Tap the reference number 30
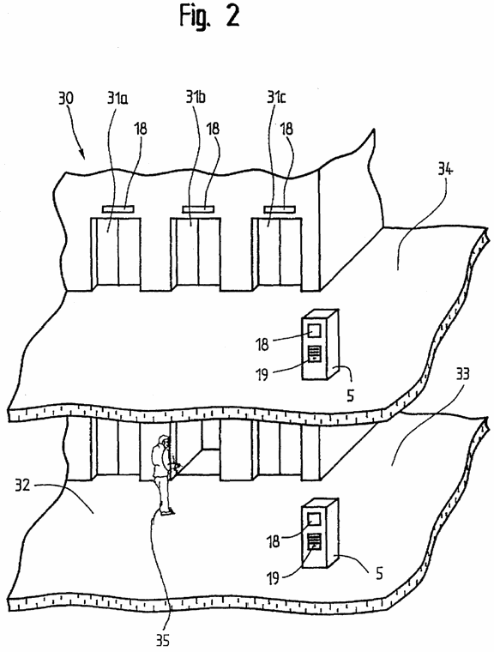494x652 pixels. pyautogui.click(x=66, y=99)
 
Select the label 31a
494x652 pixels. pyautogui.click(x=117, y=98)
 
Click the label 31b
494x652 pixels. pyautogui.click(x=196, y=97)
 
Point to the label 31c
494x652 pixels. pyautogui.click(x=276, y=98)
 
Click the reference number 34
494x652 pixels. pyautogui.click(x=445, y=171)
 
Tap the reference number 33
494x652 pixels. pyautogui.click(x=461, y=374)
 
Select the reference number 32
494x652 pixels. pyautogui.click(x=22, y=485)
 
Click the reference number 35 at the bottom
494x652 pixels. pyautogui.click(x=163, y=640)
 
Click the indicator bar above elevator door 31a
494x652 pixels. pyautogui.click(x=117, y=209)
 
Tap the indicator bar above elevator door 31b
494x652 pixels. pyautogui.click(x=197, y=208)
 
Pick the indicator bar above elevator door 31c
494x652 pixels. pyautogui.click(x=279, y=208)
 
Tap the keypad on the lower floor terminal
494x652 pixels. pyautogui.click(x=315, y=542)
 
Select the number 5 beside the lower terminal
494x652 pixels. pyautogui.click(x=379, y=574)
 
